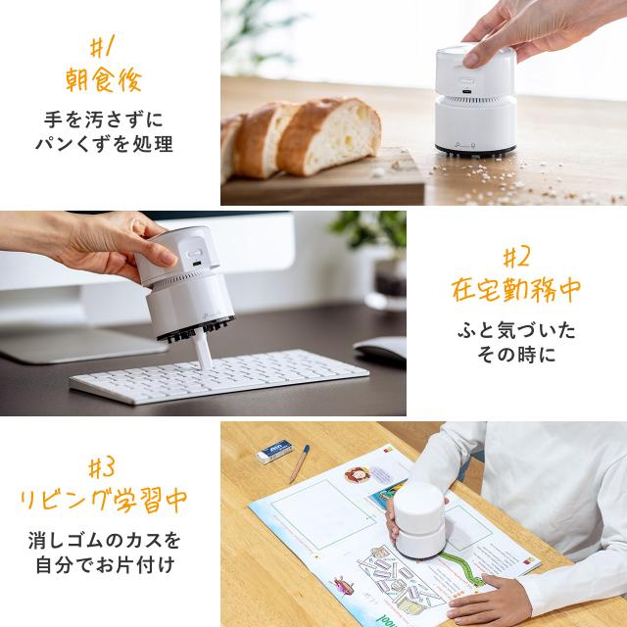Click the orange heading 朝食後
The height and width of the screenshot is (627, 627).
[104, 79]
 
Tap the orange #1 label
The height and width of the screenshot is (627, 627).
[102, 46]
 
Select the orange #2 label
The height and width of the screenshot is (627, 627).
[516, 257]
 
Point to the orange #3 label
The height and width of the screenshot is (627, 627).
[102, 468]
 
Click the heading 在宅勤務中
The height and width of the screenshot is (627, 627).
[516, 290]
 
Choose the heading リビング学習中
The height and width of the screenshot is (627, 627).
[103, 500]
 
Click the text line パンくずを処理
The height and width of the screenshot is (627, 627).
[104, 144]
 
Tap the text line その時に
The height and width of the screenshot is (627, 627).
[516, 355]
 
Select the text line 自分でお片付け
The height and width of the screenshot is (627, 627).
[105, 564]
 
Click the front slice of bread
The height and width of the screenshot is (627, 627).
[329, 136]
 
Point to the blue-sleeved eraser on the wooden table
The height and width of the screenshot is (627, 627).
[274, 452]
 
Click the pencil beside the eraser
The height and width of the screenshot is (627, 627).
[300, 463]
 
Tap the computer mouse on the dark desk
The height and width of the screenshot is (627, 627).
[381, 350]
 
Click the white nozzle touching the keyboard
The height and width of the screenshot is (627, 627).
[203, 351]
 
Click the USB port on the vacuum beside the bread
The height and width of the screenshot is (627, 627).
[466, 91]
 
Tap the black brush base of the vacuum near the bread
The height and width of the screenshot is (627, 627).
[475, 151]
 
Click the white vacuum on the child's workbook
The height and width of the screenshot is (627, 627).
[420, 520]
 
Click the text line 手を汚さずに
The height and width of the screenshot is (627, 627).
[104, 120]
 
